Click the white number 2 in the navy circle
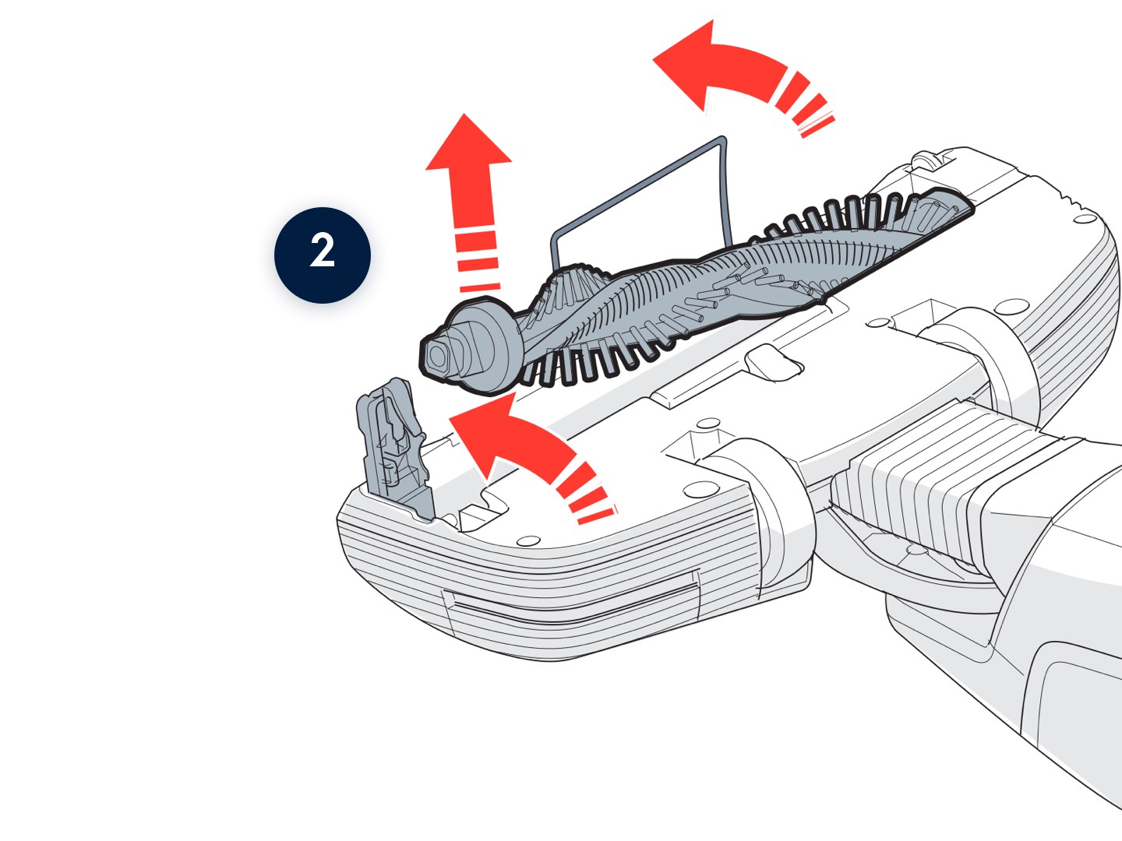pos(323,254)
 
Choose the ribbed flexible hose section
pos(912,483)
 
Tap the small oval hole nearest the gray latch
pos(527,540)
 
